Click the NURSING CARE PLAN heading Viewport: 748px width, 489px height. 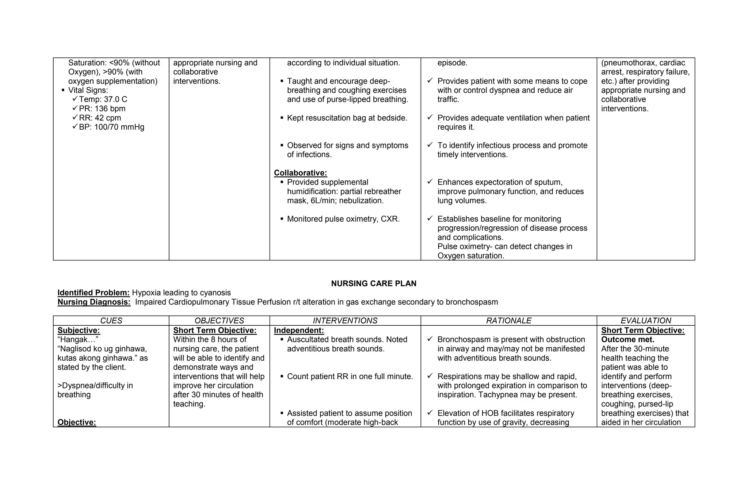[x=374, y=283]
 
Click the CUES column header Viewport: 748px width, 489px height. [x=111, y=321]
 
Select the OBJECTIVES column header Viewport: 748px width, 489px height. [x=219, y=321]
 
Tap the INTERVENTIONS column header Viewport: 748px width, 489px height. [x=345, y=321]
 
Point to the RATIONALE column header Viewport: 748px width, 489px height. [x=509, y=321]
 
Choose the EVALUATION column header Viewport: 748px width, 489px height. [x=646, y=321]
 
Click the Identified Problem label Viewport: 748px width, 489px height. [x=93, y=293]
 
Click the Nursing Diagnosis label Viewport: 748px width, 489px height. [x=94, y=302]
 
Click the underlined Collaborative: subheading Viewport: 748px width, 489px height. [x=300, y=173]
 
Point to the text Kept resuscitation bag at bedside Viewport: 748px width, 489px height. [x=347, y=118]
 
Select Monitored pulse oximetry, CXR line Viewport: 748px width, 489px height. [x=343, y=219]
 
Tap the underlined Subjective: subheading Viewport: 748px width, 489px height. [x=79, y=331]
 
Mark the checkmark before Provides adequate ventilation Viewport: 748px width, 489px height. [x=430, y=117]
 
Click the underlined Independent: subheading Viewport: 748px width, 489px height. [x=299, y=331]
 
